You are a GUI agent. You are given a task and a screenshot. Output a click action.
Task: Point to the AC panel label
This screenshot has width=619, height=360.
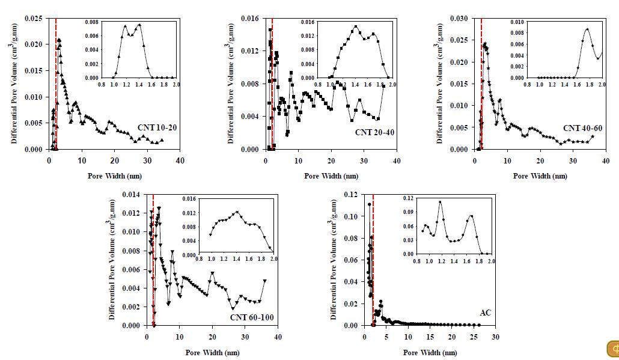pos(485,313)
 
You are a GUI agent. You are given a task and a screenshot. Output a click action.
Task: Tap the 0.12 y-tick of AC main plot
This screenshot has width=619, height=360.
pos(352,195)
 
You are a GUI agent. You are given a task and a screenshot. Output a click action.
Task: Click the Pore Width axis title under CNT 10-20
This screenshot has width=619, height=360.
pos(115,176)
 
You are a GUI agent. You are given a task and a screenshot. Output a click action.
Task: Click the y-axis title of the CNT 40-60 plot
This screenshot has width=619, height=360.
pos(441,84)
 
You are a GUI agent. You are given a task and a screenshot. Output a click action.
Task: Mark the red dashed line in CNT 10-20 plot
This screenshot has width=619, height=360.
pos(56,84)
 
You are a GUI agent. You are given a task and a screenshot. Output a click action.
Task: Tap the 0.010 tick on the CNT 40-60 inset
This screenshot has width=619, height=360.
pos(517,22)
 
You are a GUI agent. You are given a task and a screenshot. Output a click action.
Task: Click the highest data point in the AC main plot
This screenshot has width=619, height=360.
pos(369,204)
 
